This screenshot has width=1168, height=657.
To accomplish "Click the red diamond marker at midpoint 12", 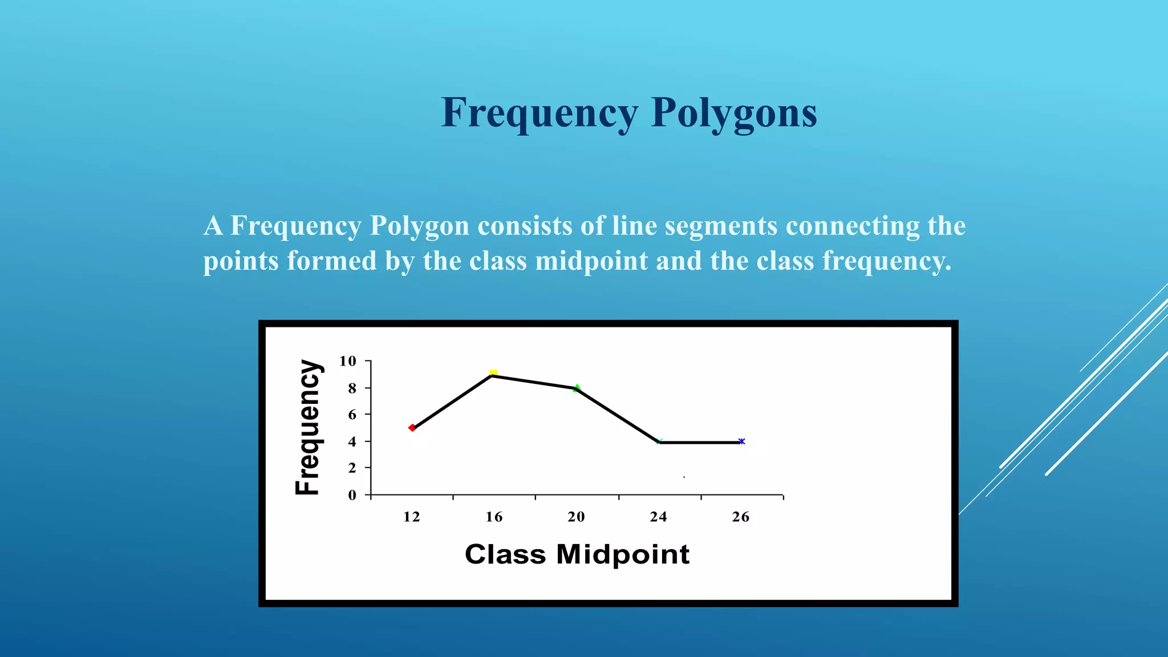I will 412,428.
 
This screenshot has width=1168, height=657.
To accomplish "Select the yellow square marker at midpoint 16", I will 493,373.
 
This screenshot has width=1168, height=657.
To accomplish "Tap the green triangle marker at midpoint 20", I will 577,388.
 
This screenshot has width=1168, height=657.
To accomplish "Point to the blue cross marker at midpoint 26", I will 741,441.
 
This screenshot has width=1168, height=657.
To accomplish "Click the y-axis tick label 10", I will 347,361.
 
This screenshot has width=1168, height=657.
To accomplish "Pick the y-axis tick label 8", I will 352,388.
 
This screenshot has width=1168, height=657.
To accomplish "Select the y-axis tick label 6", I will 352,415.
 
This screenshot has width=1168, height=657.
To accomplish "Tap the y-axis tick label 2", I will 352,468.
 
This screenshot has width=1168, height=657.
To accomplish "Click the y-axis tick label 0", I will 352,495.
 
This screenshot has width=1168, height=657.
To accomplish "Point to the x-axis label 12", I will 411,517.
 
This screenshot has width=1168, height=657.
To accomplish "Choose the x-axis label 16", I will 494,517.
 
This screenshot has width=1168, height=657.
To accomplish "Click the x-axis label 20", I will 576,517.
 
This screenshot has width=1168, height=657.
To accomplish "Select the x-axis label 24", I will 658,517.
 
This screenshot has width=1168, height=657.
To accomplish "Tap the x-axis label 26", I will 740,517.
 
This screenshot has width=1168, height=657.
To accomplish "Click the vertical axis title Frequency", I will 309,428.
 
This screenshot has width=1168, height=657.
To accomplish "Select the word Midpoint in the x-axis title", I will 623,554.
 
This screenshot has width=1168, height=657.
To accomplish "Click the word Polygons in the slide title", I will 734,113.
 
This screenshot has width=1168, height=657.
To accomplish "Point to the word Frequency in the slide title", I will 540,113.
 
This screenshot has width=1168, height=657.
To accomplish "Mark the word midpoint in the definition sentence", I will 591,261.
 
